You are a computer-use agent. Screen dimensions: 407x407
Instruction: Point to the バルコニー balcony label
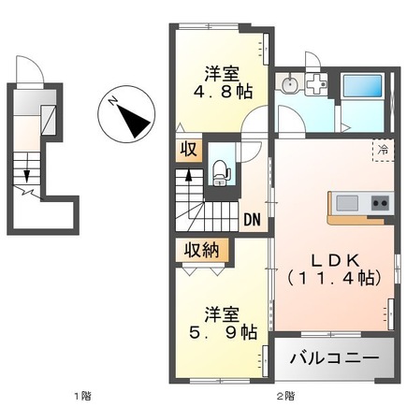[333, 358]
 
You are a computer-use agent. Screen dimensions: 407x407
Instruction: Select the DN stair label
[252, 220]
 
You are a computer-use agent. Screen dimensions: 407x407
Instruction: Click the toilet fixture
[221, 168]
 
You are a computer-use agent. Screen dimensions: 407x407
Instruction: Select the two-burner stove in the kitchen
[379, 203]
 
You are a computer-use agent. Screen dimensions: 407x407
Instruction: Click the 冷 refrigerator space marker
[384, 149]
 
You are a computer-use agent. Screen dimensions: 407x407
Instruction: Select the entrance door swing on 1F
[33, 70]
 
